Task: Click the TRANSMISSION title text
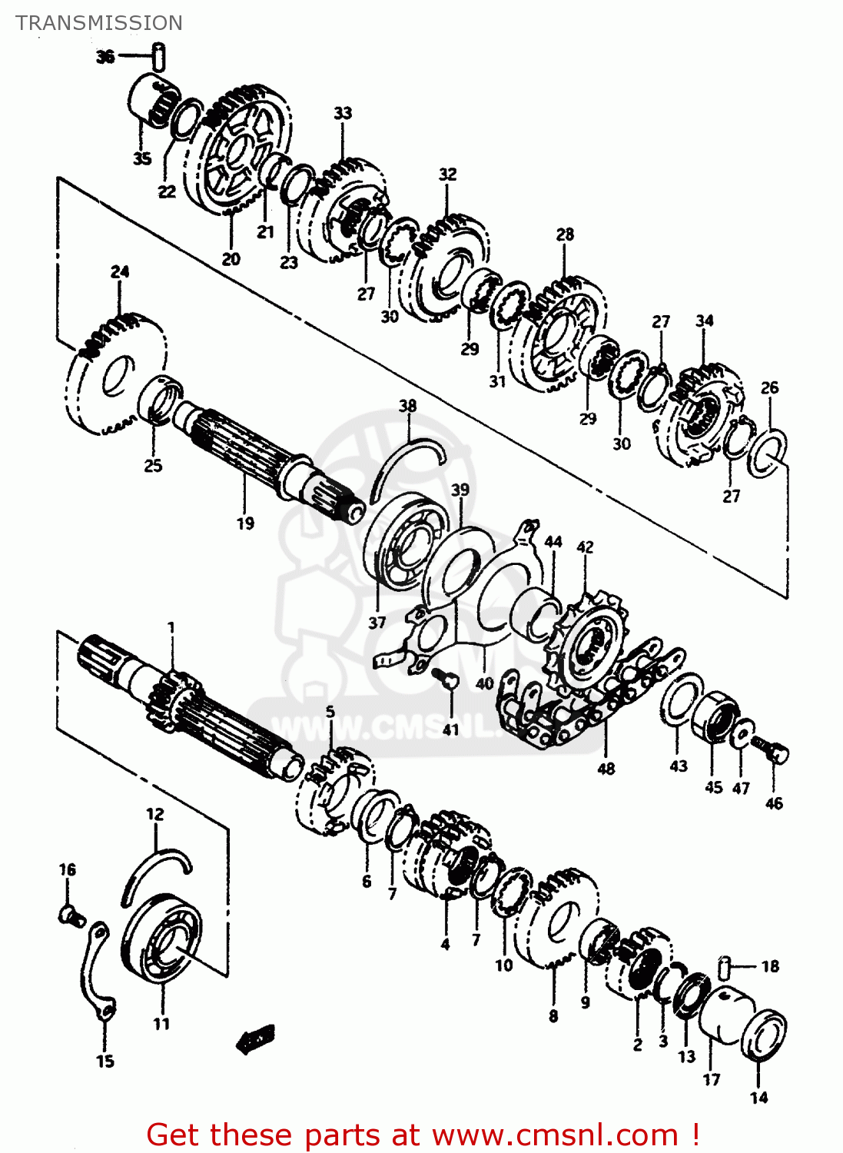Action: point(99,23)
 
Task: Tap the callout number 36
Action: point(105,56)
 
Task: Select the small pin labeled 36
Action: point(159,56)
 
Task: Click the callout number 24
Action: point(120,271)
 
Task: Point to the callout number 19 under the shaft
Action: point(245,523)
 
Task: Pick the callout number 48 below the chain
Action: point(606,769)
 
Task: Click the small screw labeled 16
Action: point(71,914)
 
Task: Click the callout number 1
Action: point(171,628)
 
